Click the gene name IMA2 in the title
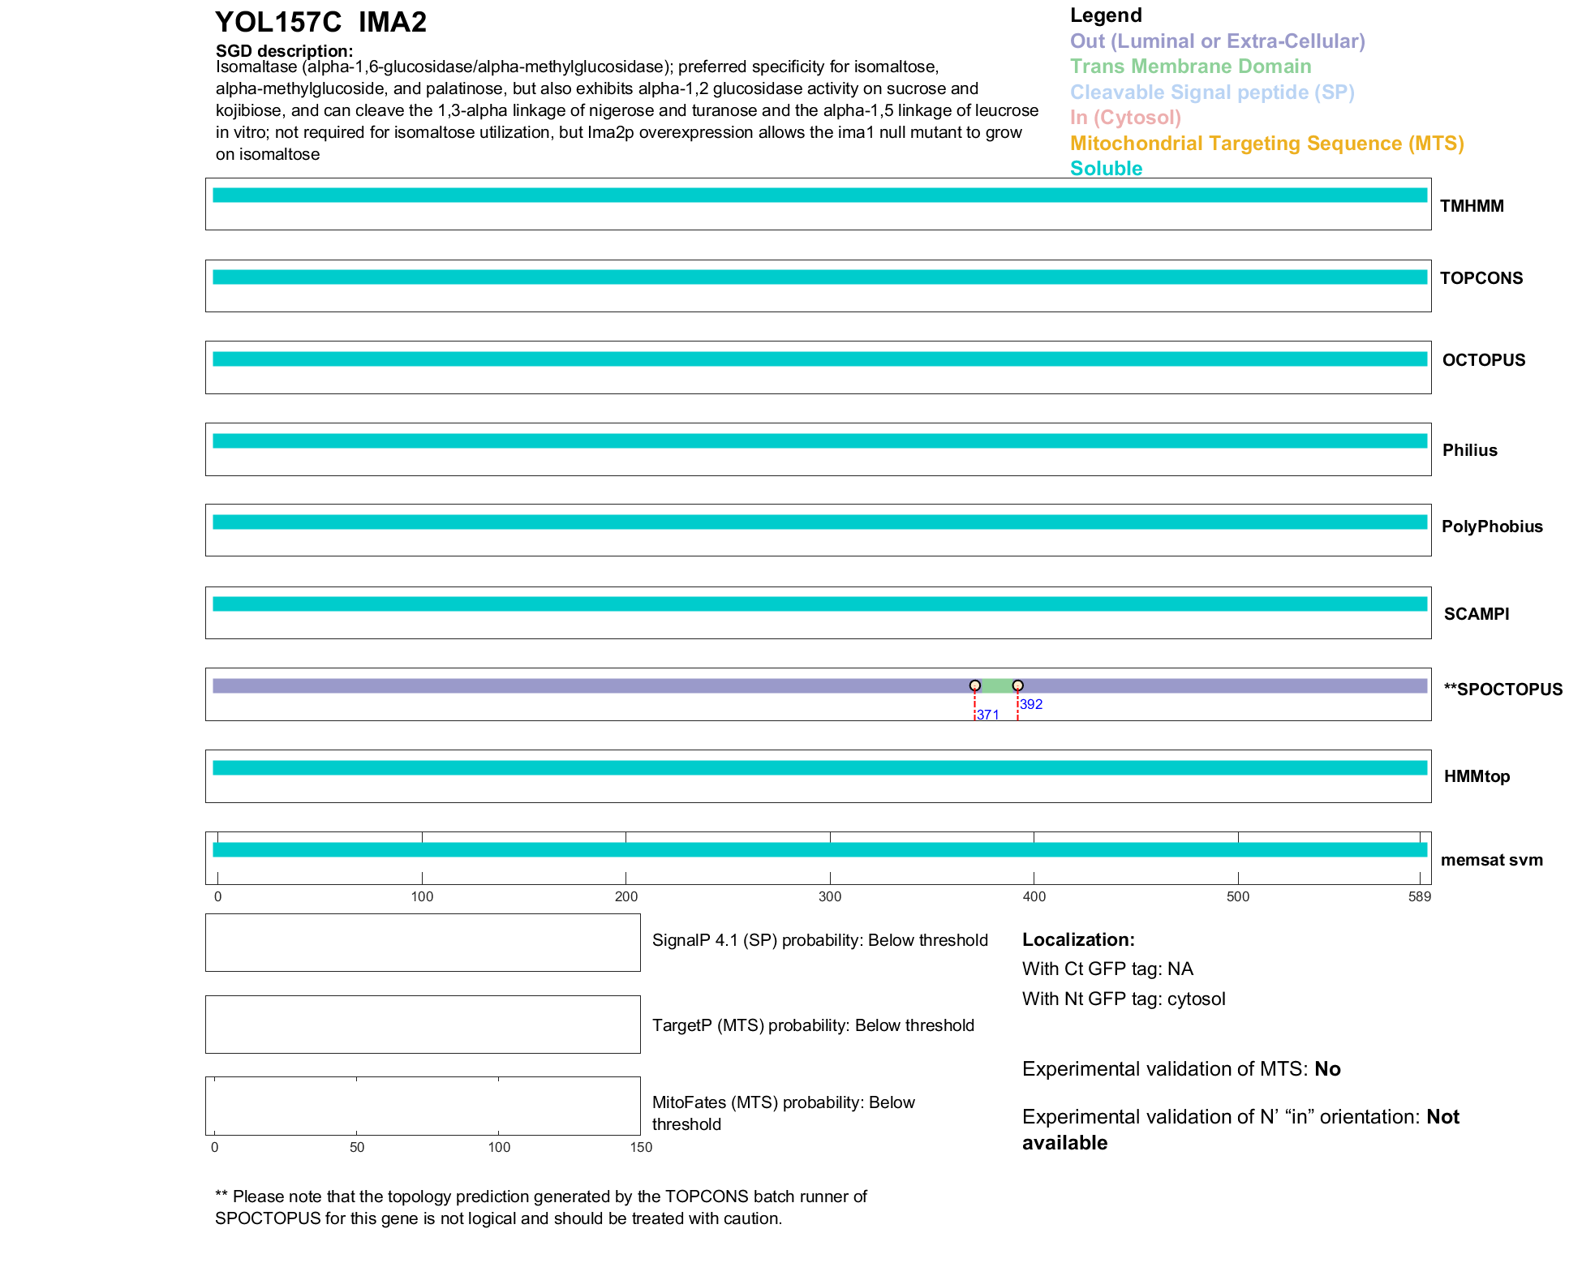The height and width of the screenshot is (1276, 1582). tap(393, 23)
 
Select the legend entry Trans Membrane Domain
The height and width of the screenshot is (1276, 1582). tap(1190, 67)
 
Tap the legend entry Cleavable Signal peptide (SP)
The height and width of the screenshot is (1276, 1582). tap(1212, 92)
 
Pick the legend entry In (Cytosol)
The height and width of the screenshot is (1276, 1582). tap(1125, 118)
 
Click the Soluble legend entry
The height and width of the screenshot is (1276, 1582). tap(1106, 169)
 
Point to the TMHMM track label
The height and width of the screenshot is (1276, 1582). tap(1472, 206)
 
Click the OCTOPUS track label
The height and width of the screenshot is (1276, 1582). tap(1483, 360)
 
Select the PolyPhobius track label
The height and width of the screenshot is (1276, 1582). tap(1492, 526)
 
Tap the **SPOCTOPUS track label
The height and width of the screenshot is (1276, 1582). tap(1502, 690)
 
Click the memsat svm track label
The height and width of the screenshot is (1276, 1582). tap(1491, 860)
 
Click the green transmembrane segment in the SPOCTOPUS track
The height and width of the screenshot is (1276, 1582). tap(996, 686)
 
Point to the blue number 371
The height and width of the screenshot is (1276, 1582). tap(988, 715)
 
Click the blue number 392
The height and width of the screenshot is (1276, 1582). tap(1031, 704)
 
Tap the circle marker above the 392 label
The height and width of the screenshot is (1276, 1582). tap(1017, 685)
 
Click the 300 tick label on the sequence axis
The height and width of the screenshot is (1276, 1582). tap(830, 896)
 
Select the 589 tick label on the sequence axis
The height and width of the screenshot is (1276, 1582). tap(1420, 896)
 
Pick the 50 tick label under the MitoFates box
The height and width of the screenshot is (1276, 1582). tap(357, 1147)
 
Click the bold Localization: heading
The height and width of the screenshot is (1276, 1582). tap(1078, 939)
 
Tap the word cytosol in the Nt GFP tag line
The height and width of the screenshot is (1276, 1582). tap(1196, 999)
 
